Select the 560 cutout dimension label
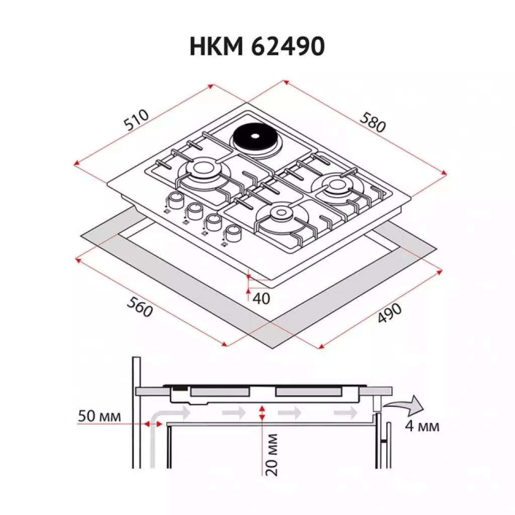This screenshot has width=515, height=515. [140, 306]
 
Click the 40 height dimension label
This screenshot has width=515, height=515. [261, 298]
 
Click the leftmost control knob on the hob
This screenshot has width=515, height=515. [175, 200]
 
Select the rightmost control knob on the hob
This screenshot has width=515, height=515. [233, 232]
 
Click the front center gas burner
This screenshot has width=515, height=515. [279, 217]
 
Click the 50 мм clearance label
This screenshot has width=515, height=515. [99, 416]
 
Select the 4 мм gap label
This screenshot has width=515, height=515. [422, 426]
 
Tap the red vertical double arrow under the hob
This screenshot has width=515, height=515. [262, 414]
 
